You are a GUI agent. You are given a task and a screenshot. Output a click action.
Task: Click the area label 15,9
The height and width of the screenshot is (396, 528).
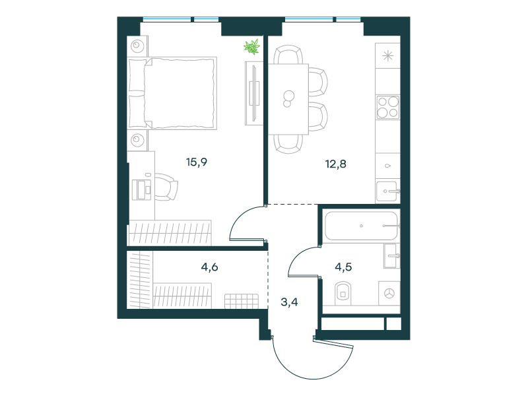pyautogui.click(x=197, y=162)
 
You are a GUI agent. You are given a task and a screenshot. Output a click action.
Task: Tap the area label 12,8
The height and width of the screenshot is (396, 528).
pyautogui.click(x=336, y=164)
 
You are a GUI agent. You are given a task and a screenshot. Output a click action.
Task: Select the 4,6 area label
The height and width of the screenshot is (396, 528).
pyautogui.click(x=209, y=267)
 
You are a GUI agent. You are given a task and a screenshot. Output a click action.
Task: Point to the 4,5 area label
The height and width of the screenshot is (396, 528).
pyautogui.click(x=343, y=267)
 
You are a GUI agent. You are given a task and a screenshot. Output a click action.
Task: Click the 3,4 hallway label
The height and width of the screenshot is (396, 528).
pyautogui.click(x=289, y=302)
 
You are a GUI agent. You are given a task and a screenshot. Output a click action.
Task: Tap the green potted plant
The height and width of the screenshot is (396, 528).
pyautogui.click(x=252, y=46)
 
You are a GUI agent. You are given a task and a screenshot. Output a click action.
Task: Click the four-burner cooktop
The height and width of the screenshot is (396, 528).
pyautogui.click(x=387, y=107)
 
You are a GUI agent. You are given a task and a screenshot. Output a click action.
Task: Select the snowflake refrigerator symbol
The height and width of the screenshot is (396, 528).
pyautogui.click(x=388, y=55)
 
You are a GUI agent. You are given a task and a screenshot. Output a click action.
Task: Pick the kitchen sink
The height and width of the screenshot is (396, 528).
pyautogui.click(x=387, y=191)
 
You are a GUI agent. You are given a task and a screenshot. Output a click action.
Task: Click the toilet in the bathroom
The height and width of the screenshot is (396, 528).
pyautogui.click(x=343, y=293)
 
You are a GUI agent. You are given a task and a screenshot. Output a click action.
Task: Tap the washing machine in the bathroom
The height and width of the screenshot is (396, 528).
pyautogui.click(x=389, y=293)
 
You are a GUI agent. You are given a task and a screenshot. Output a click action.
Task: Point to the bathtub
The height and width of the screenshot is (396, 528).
pyautogui.click(x=362, y=226)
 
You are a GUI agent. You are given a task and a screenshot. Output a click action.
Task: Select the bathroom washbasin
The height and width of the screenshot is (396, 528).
pyautogui.click(x=391, y=256)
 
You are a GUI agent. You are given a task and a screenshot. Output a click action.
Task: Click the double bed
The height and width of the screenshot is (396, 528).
pyautogui.click(x=172, y=93)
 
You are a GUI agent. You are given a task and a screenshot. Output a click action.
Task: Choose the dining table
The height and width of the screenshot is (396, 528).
pyautogui.click(x=288, y=99)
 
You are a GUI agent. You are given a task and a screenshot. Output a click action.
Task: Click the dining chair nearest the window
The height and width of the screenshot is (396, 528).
pyautogui.click(x=288, y=55)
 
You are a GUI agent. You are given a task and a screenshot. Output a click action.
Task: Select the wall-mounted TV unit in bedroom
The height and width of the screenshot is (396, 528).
pyautogui.click(x=254, y=93)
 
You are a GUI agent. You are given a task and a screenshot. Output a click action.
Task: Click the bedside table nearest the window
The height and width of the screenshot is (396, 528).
pyautogui.click(x=137, y=46)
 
